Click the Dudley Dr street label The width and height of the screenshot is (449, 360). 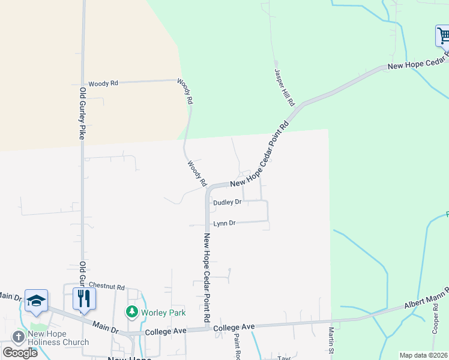click(x=227, y=202)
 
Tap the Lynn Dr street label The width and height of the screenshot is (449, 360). click(x=223, y=223)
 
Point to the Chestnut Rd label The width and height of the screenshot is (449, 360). click(x=106, y=287)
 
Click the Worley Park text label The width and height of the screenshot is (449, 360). click(x=163, y=313)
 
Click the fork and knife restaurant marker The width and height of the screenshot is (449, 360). click(x=84, y=298)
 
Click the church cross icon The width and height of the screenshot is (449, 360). click(x=18, y=337)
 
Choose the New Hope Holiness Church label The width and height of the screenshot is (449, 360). click(x=58, y=338)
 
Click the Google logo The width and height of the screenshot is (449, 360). click(x=20, y=352)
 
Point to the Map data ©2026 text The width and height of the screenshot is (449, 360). click(x=423, y=355)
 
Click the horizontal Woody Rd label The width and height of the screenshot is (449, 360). click(x=103, y=84)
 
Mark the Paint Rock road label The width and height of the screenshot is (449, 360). click(x=237, y=346)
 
